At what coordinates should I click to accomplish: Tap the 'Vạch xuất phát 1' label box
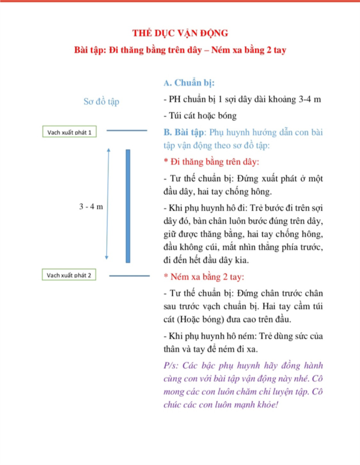point(70,132)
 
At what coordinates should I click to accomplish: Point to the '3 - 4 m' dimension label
point(91,207)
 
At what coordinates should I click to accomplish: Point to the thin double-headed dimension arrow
point(107,203)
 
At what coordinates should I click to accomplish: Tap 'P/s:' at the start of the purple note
point(172,366)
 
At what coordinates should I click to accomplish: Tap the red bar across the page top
point(180,1)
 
